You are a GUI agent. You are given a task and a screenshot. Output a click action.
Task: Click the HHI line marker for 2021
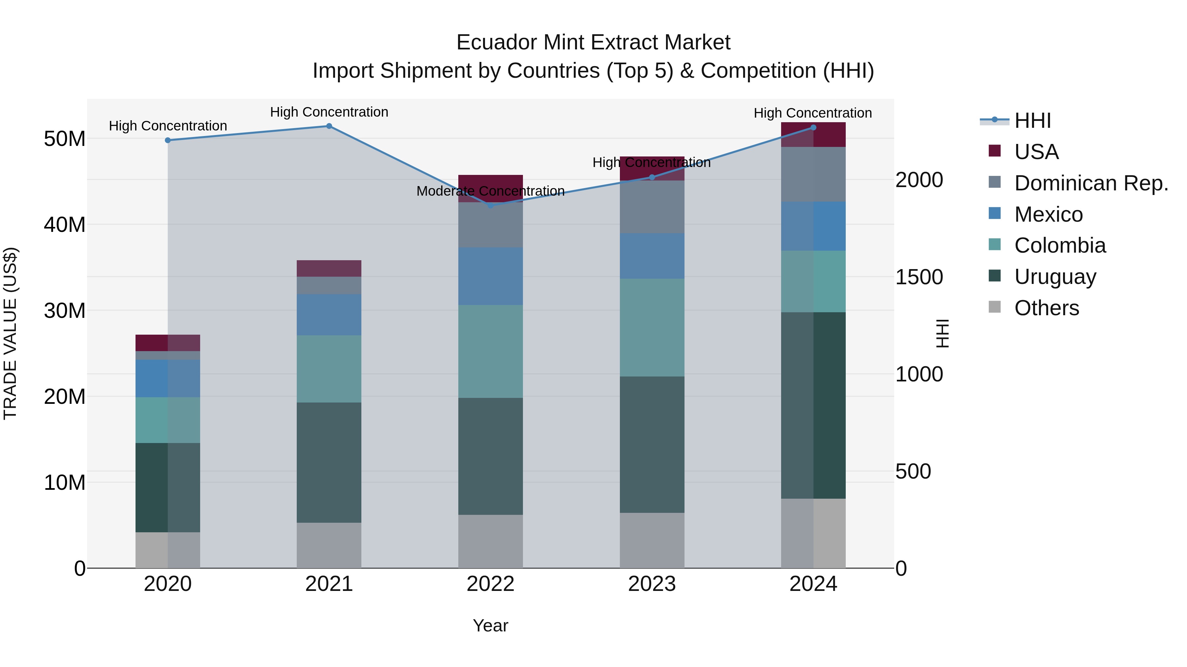tap(329, 126)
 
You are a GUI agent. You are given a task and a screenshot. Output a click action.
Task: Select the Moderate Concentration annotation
tap(490, 191)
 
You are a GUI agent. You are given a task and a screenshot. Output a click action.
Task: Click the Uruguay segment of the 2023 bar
tap(652, 444)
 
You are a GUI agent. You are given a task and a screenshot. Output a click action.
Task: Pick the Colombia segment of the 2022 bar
tap(490, 351)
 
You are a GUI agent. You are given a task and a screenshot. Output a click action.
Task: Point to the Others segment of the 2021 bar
tap(329, 545)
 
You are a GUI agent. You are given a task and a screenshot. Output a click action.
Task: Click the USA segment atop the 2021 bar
tap(329, 268)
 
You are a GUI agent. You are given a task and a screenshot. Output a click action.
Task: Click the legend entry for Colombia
tap(1059, 245)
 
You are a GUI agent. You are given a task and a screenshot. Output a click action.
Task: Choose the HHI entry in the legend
tap(1032, 121)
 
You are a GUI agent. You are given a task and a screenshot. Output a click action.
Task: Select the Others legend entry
tap(1046, 308)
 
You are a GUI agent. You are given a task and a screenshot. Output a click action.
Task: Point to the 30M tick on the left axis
tap(65, 311)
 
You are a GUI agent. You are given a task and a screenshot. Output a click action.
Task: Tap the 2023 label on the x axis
tap(652, 584)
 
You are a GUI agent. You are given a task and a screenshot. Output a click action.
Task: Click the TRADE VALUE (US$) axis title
tap(10, 333)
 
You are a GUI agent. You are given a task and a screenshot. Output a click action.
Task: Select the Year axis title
tap(490, 625)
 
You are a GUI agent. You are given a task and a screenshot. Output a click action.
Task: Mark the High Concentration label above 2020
tap(168, 126)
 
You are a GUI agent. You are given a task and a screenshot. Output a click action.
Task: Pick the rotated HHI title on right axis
tap(943, 333)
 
